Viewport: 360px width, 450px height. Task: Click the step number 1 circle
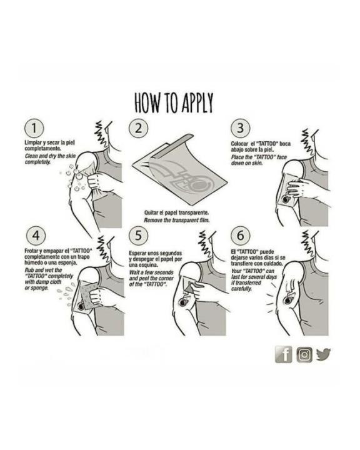(34, 128)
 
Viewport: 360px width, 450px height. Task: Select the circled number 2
(138, 128)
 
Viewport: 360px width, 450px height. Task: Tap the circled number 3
(240, 128)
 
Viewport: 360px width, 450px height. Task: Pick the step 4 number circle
(36, 236)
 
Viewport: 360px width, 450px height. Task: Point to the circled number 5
(138, 236)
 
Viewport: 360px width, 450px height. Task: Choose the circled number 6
(240, 236)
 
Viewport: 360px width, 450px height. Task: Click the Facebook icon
(284, 354)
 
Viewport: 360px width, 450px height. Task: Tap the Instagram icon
(304, 355)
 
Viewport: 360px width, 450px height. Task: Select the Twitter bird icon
(324, 354)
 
